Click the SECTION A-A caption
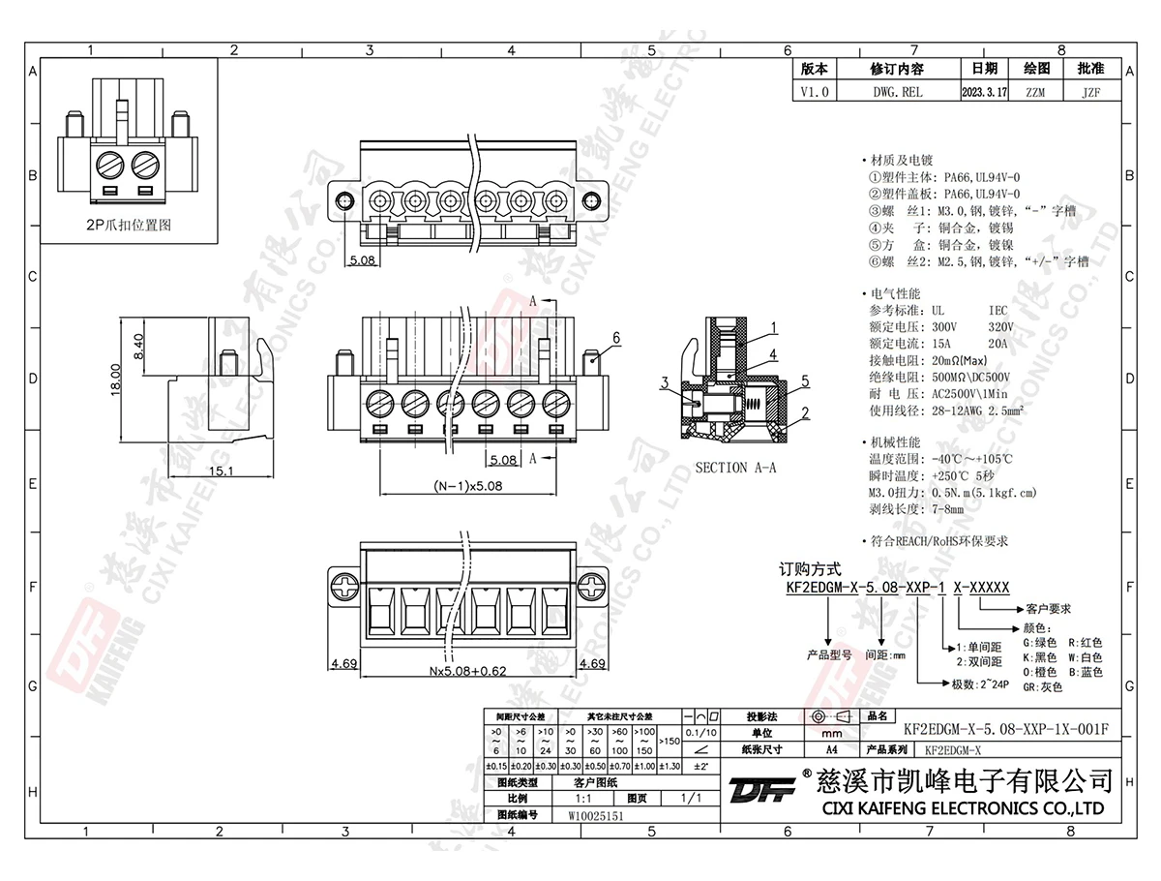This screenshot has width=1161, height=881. click(736, 468)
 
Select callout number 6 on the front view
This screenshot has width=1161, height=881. click(615, 337)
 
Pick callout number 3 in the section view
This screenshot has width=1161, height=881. click(664, 383)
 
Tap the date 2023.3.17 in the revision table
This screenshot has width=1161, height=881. click(984, 93)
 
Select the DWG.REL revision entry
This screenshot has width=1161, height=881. click(897, 93)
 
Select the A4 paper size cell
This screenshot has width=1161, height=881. click(831, 749)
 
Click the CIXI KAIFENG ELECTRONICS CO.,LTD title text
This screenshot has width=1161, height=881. click(962, 808)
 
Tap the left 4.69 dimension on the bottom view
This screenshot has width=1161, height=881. click(344, 665)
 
